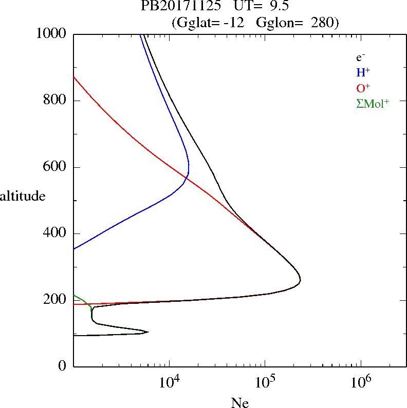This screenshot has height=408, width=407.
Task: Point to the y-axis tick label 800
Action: (x=56, y=101)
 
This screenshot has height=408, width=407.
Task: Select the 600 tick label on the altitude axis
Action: (x=56, y=167)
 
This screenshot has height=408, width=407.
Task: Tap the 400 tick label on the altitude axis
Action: (x=56, y=234)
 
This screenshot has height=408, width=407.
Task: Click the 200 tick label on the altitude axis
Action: (x=56, y=300)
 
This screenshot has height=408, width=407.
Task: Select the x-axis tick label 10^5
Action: (x=265, y=382)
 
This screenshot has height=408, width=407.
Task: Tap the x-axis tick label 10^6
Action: (x=360, y=382)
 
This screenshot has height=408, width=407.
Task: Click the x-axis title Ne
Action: (x=239, y=403)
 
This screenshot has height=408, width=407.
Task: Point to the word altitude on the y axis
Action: (x=23, y=196)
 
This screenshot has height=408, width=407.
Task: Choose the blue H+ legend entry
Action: (x=363, y=72)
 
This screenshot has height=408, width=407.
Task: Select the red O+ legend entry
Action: (x=363, y=88)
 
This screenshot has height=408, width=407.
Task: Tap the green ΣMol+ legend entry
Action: (x=373, y=103)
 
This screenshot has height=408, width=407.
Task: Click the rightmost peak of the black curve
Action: (x=300, y=280)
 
